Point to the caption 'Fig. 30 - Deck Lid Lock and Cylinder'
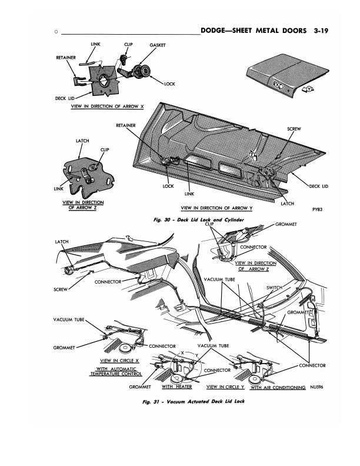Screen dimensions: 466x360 [x=202, y=219]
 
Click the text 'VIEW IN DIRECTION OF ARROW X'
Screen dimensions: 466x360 [x=107, y=106]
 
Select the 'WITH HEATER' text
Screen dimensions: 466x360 [x=177, y=387]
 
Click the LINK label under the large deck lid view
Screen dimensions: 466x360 [x=189, y=193]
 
